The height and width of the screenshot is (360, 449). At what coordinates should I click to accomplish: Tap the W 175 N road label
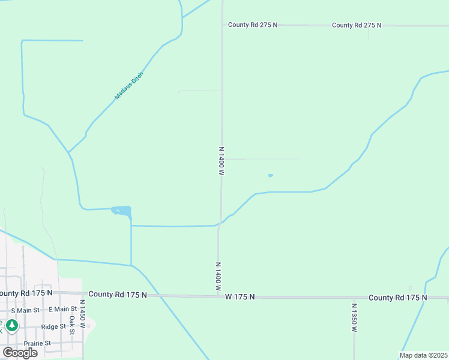[240, 297]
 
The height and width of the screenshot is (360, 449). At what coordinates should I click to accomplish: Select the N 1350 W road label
[354, 318]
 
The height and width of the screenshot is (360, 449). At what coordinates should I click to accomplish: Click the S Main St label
[25, 310]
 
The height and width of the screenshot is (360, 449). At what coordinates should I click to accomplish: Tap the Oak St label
[71, 325]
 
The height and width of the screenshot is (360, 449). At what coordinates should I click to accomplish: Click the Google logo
[20, 352]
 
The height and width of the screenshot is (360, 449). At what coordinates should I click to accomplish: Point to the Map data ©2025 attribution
[423, 355]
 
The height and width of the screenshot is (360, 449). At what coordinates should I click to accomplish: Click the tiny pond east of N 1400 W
[270, 175]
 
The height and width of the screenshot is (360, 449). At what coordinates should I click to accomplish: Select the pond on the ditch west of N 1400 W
[122, 211]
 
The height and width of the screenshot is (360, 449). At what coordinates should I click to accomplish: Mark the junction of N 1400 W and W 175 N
[218, 296]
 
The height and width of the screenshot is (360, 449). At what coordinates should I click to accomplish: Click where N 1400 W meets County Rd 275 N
[223, 25]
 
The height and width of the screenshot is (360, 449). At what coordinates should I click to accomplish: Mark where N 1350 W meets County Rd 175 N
[354, 298]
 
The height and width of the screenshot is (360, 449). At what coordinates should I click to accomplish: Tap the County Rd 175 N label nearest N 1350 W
[397, 298]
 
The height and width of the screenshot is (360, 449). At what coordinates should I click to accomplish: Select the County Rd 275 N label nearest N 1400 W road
[252, 25]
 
